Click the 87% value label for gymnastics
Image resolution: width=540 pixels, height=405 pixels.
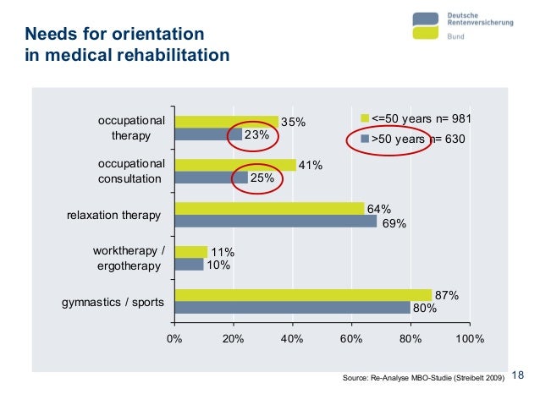[x=447, y=295]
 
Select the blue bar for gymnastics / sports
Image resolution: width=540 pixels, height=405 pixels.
[x=292, y=308]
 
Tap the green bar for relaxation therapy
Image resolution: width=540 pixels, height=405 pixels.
[x=268, y=209]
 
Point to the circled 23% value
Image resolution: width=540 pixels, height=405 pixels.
[x=256, y=134]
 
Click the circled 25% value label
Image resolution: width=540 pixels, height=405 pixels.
[x=262, y=178]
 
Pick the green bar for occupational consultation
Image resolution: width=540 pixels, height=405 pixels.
[x=234, y=165]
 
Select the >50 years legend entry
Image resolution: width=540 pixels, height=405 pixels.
[x=413, y=138]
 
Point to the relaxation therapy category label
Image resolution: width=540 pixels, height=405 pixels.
[x=113, y=216]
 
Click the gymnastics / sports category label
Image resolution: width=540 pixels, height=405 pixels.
[x=113, y=302]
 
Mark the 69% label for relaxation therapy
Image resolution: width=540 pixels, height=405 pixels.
[x=394, y=224]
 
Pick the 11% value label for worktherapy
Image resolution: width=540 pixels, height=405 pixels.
[x=223, y=252]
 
